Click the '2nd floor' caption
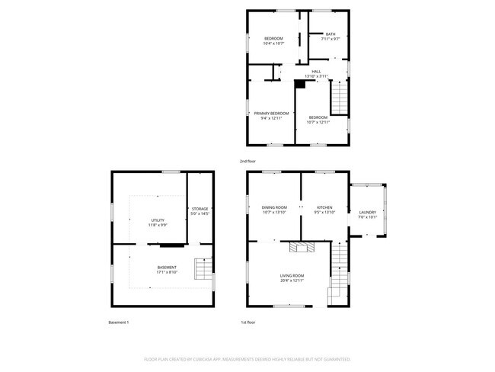tap(248, 162)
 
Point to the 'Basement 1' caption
tap(119, 322)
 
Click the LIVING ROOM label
tap(292, 277)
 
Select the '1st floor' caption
tap(247, 322)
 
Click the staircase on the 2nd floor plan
tap(340, 97)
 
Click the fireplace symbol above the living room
tap(301, 245)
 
